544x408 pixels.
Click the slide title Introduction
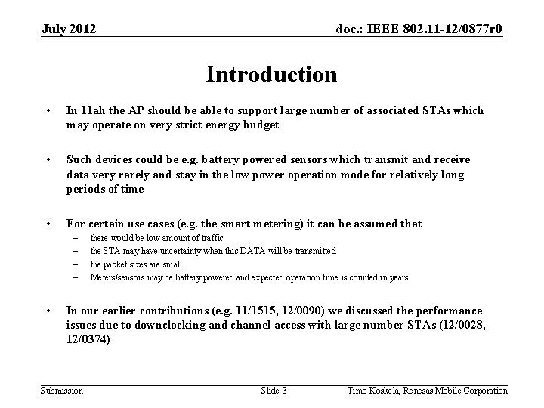coord(271,75)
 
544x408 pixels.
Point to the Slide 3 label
coord(274,390)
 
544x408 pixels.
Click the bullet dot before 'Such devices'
coord(48,160)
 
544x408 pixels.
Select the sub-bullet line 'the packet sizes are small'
coord(136,264)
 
